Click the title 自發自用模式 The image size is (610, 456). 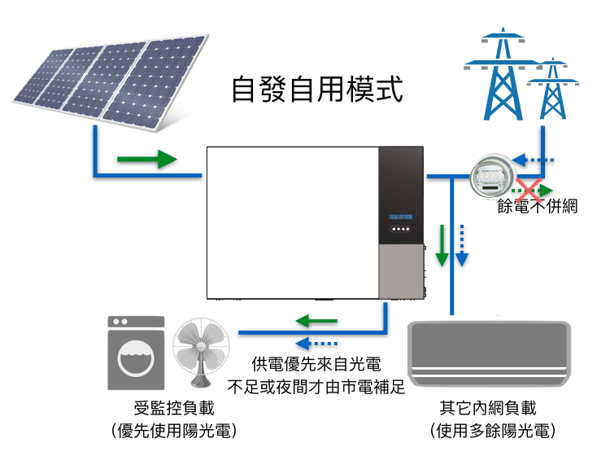tap(317, 90)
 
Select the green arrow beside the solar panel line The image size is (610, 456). tap(147, 159)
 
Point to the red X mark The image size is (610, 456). tap(529, 190)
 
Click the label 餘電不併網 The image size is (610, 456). tap(538, 206)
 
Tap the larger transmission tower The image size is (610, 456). tap(503, 74)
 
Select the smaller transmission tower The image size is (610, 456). tap(552, 89)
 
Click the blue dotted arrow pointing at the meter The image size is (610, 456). tap(533, 160)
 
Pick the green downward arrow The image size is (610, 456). tap(442, 245)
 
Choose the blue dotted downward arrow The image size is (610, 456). tap(462, 245)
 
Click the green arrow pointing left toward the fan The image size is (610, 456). tap(316, 321)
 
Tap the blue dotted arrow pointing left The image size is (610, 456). tap(316, 344)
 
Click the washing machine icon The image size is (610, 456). tap(136, 353)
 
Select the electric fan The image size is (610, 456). tap(201, 353)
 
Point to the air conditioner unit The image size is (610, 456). tap(489, 353)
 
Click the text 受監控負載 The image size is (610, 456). tap(174, 408)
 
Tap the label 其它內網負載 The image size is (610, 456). tap(488, 408)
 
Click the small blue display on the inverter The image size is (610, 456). tap(401, 217)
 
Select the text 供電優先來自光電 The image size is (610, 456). tap(316, 365)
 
